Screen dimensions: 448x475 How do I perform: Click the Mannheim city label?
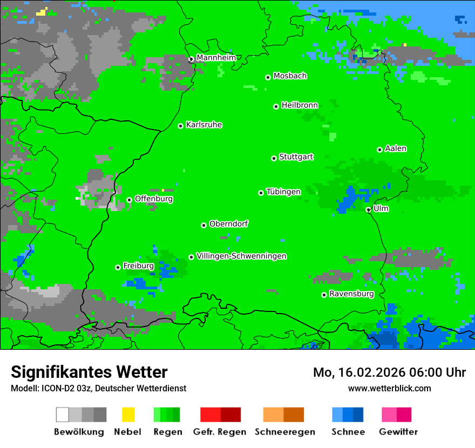coord(216,57)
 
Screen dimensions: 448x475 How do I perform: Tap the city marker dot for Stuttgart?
coord(274,158)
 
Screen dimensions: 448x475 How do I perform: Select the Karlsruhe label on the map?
coord(203,125)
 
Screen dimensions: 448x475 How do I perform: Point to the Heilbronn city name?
coord(300,105)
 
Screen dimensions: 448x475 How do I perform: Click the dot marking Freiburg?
coord(118,267)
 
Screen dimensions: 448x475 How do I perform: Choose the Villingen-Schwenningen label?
coord(241,256)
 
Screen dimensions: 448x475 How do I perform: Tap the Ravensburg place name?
coord(351,294)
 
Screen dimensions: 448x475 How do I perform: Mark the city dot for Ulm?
coord(368,209)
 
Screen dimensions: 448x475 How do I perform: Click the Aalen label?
coord(396,148)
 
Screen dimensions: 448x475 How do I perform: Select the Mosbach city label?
coord(290,76)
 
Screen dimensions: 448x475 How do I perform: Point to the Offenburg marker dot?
coord(129,200)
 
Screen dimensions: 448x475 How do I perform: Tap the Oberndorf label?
coord(228,224)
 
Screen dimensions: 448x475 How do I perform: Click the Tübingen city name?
coord(283,192)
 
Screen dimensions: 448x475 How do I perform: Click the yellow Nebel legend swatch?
coord(128,415)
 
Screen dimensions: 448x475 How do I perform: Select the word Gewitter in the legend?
coord(398,432)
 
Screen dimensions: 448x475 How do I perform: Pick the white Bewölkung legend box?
coord(63,415)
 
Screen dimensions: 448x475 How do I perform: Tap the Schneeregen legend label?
coord(284,432)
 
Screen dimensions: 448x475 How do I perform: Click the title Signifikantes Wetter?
coord(89,372)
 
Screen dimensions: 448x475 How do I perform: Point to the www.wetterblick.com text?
coord(389,388)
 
